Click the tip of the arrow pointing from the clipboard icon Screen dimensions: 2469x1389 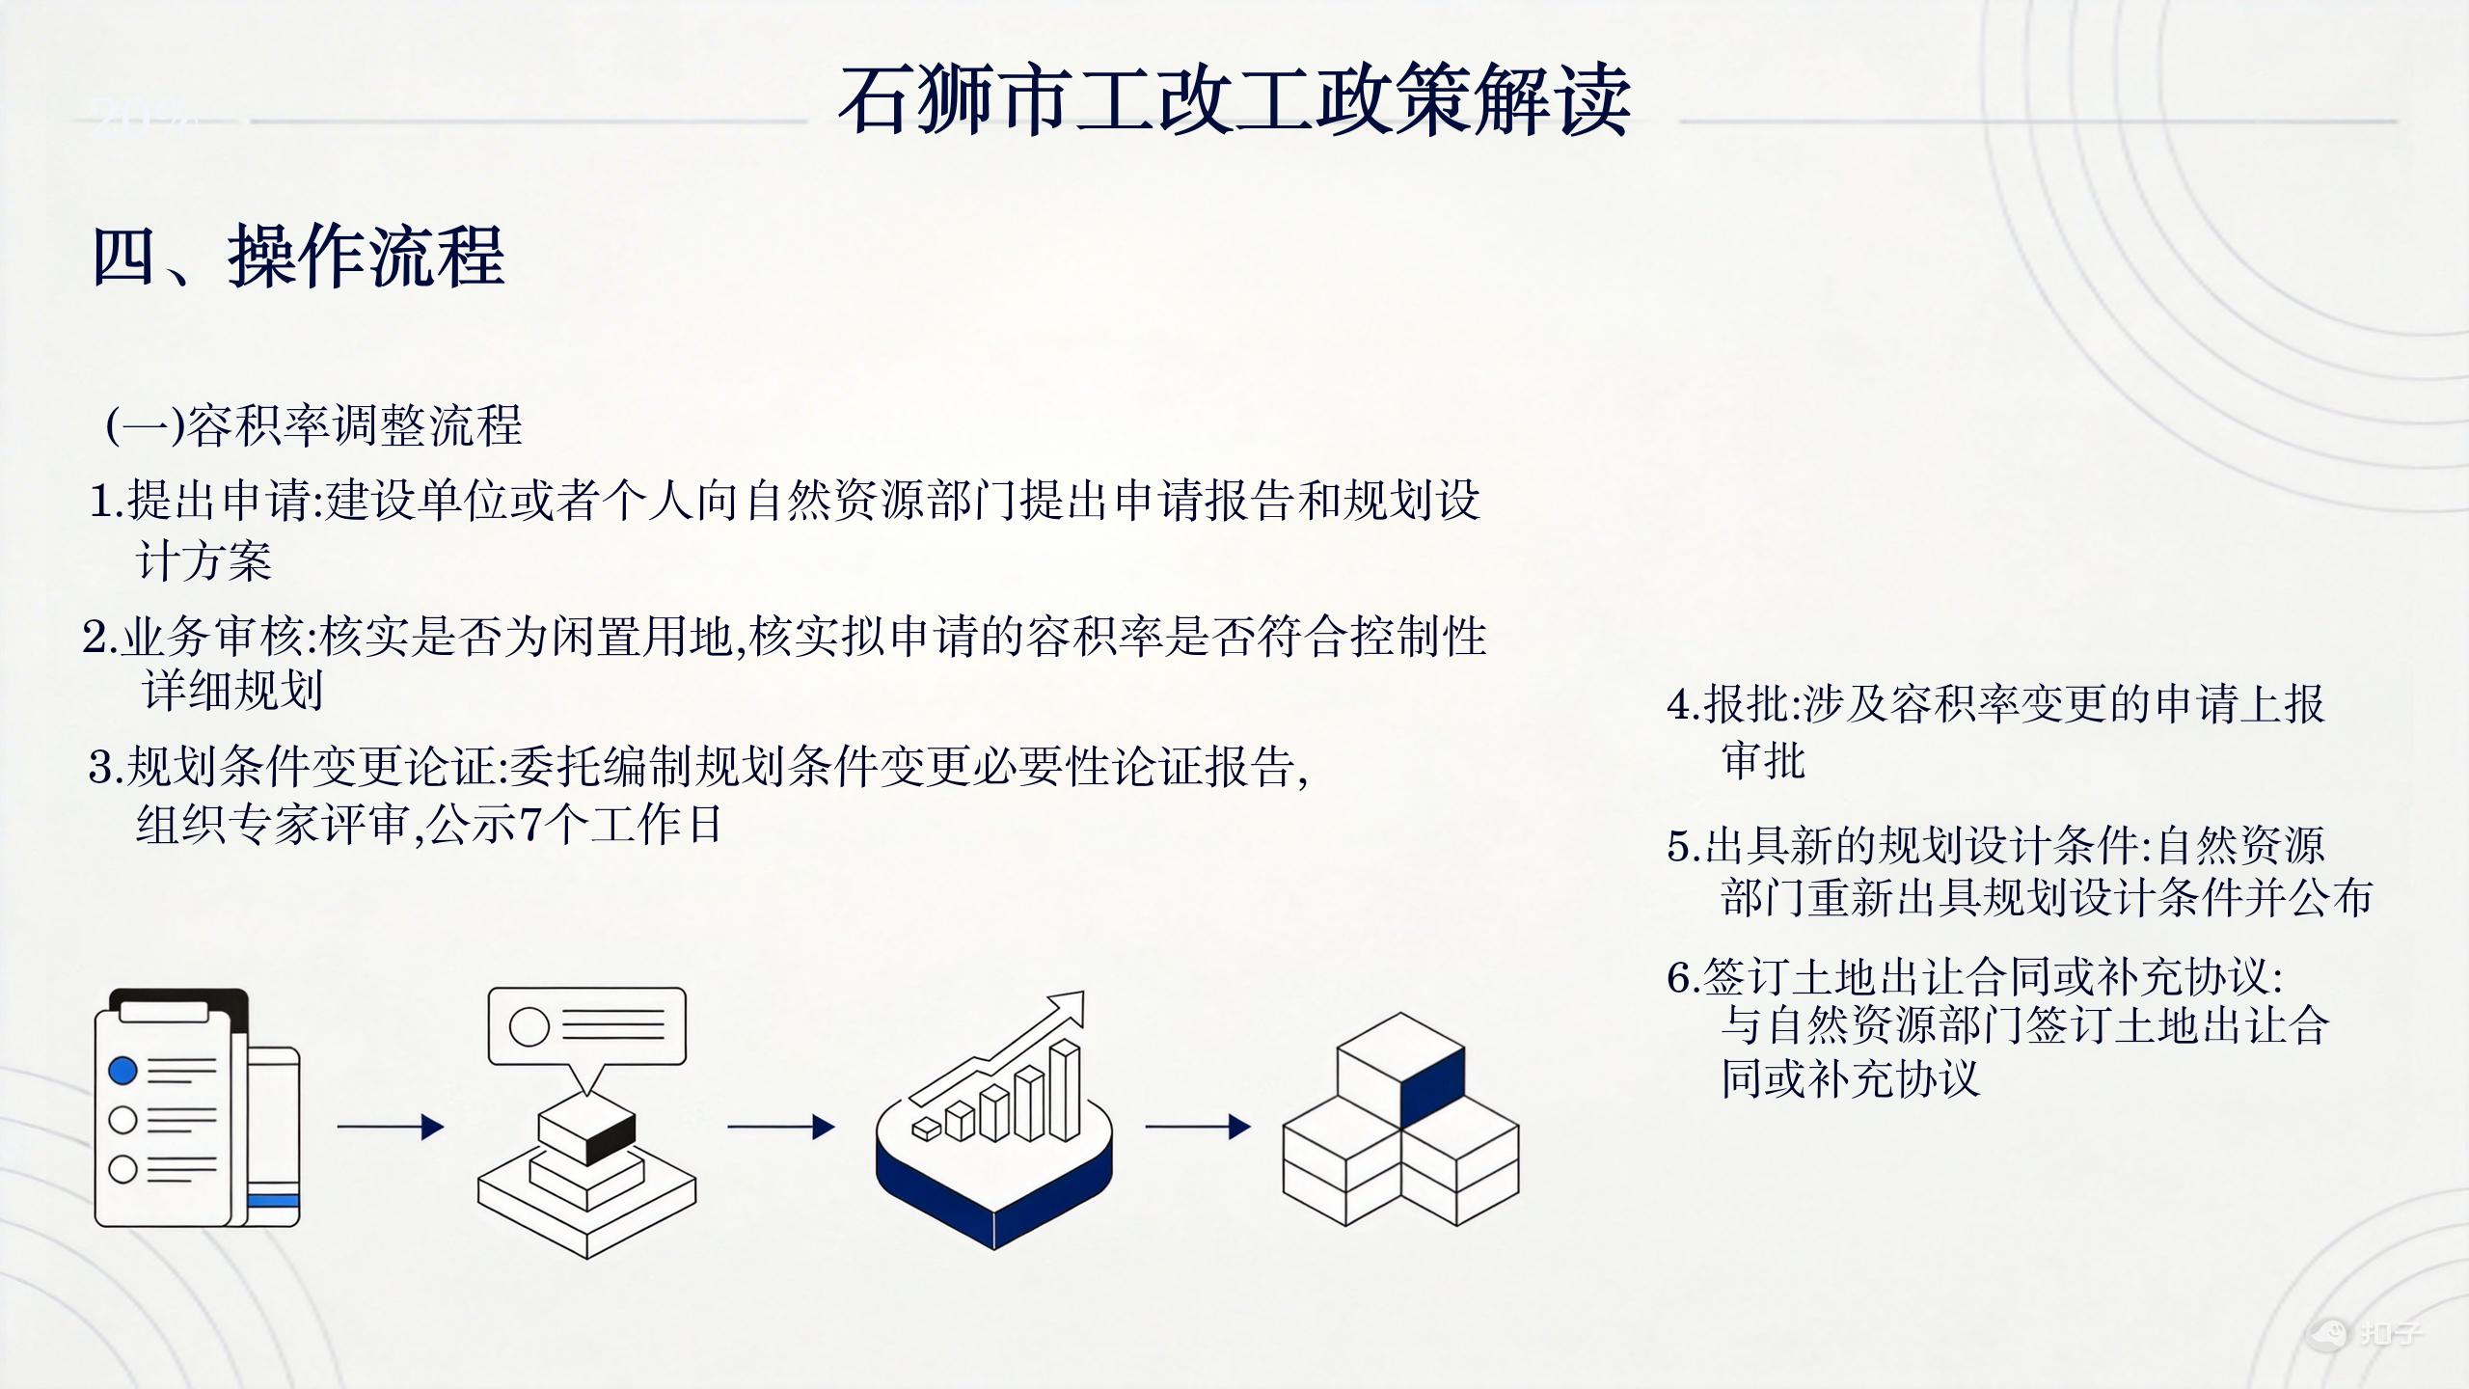coord(444,1127)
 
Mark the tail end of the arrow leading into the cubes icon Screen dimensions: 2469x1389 coord(1146,1126)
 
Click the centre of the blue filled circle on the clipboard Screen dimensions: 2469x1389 coord(122,1070)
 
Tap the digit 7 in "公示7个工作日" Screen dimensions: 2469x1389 coord(531,825)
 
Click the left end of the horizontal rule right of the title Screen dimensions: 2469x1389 coord(1680,122)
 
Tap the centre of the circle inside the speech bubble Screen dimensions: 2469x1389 coord(529,1026)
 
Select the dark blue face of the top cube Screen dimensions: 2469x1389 coord(1432,1086)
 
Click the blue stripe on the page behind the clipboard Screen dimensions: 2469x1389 coord(274,1201)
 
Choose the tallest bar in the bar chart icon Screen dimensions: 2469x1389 coord(1065,1089)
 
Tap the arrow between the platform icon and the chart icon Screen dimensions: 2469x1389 coord(780,1127)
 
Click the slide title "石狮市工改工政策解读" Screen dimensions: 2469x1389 coord(1234,100)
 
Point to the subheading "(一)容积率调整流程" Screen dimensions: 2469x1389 coord(314,425)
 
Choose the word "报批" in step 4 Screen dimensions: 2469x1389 coord(1746,705)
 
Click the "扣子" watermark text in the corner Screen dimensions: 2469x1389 coord(2390,1333)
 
